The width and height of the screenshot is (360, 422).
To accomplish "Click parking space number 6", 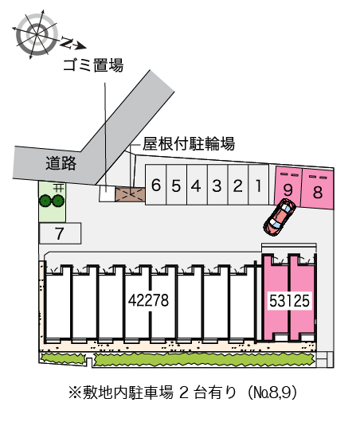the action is tap(156, 185).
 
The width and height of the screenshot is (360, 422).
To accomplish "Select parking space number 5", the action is tap(176, 185).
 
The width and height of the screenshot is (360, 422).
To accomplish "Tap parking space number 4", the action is tap(197, 185).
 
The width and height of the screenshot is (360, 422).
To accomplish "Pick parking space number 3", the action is tap(217, 185).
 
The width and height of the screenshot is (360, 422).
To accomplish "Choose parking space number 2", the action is tap(238, 185).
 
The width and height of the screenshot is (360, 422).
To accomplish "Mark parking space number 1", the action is tap(259, 185).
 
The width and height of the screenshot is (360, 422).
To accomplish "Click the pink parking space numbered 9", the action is tap(288, 186).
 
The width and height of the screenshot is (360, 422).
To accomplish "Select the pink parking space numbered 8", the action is tap(318, 189).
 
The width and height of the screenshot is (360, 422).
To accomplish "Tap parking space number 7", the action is tap(60, 233).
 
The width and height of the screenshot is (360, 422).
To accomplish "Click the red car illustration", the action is tap(280, 217).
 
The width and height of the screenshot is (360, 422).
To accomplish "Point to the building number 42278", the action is tap(148, 300).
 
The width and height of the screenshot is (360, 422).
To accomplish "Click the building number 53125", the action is tap(289, 300).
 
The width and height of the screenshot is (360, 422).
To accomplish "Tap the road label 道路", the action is tap(61, 163).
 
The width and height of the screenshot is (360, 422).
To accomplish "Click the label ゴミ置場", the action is tap(93, 65).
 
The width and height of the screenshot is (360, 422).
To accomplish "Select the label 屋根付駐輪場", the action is tap(189, 143).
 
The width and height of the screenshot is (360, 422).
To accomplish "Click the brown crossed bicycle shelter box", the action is tap(131, 194).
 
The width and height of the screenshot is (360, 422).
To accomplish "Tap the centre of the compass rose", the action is tap(37, 34).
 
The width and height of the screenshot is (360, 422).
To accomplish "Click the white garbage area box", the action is tap(108, 193).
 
